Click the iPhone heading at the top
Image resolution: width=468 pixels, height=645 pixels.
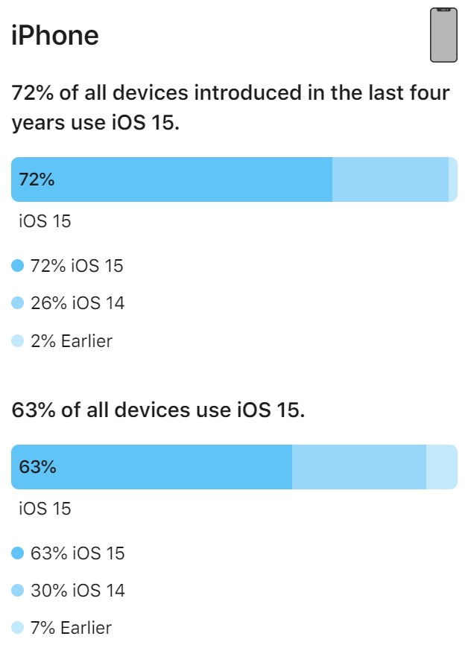pos(54,35)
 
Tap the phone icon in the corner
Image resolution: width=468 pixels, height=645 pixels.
pos(443,35)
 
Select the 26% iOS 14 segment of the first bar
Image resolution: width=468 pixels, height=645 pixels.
pos(390,179)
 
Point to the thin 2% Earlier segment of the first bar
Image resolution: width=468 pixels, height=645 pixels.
pos(452,179)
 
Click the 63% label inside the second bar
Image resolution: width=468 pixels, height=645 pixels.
pos(37,467)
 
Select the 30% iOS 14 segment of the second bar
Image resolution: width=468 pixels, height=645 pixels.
pos(358,467)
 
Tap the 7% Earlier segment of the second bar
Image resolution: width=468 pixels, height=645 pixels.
pos(441,467)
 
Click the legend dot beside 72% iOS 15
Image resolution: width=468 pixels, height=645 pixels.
pos(18,265)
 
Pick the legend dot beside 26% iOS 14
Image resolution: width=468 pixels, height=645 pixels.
pos(18,303)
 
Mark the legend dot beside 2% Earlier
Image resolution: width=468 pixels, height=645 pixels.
pos(18,341)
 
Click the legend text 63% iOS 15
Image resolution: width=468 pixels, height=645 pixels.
pos(78,553)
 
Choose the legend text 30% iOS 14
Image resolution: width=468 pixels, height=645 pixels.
pos(78,591)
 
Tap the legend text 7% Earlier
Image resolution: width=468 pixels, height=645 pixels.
pos(71,628)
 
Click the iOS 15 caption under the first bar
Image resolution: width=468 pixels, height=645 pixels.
pos(45,221)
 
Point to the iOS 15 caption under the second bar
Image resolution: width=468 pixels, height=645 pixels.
pos(45,509)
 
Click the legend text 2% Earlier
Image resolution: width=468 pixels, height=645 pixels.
pos(71,341)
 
